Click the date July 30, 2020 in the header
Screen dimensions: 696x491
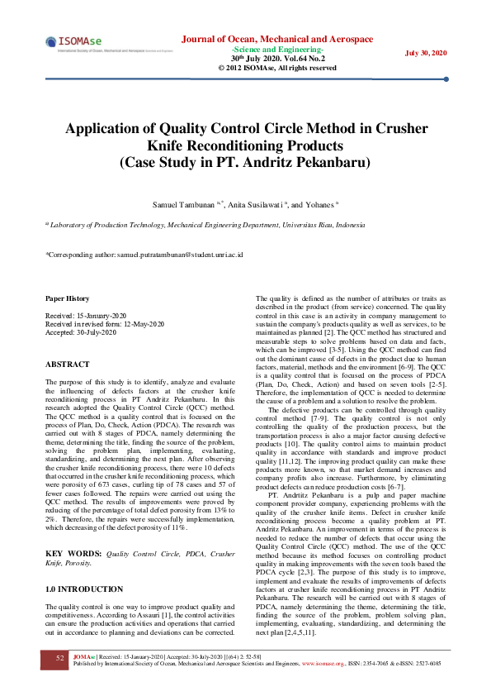click(x=426, y=53)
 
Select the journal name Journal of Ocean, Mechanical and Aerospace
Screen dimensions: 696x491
click(x=276, y=39)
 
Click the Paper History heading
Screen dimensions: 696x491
click(x=68, y=298)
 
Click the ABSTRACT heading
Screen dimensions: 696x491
click(x=68, y=364)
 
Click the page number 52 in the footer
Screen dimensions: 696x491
click(x=59, y=658)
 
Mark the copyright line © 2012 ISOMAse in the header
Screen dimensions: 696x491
click(x=277, y=68)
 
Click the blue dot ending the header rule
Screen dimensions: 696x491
click(x=446, y=80)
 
